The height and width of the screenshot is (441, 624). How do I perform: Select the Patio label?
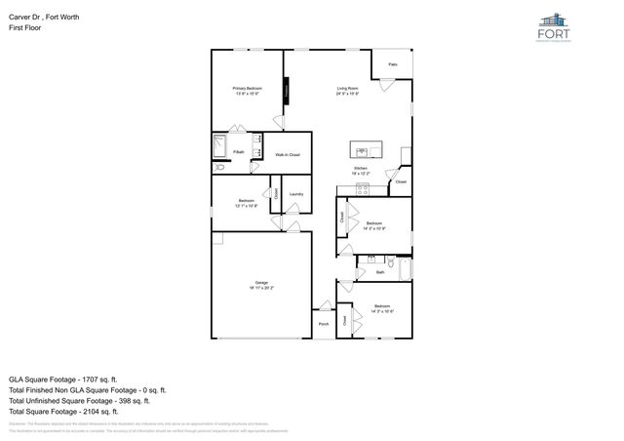point(393,64)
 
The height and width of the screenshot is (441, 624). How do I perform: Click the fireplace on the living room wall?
point(287,91)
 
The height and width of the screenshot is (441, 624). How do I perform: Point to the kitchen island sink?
point(362,152)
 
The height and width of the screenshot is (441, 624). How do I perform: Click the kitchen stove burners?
point(361,189)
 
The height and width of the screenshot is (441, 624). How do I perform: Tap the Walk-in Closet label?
point(287,155)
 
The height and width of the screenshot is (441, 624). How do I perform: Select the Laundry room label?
point(295,193)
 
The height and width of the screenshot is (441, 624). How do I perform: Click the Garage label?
point(262,283)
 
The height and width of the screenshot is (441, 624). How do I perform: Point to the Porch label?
point(323,324)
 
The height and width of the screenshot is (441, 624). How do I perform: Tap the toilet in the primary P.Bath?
point(219,168)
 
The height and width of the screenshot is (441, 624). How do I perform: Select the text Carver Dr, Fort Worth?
point(42,16)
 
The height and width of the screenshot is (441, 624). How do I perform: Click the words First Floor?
point(24,28)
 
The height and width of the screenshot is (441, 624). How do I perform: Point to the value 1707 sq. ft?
point(101,378)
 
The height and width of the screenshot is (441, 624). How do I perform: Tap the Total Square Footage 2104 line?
point(63,412)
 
